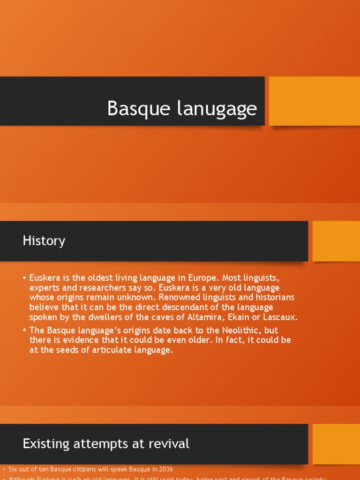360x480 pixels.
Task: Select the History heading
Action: [x=44, y=241]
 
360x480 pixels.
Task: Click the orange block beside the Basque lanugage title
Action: [x=314, y=101]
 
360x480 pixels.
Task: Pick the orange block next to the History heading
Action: [x=336, y=241]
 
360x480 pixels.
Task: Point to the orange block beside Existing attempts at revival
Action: [x=336, y=443]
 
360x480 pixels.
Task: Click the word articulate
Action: [x=99, y=350]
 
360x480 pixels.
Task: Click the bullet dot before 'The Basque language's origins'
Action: [x=24, y=330]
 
